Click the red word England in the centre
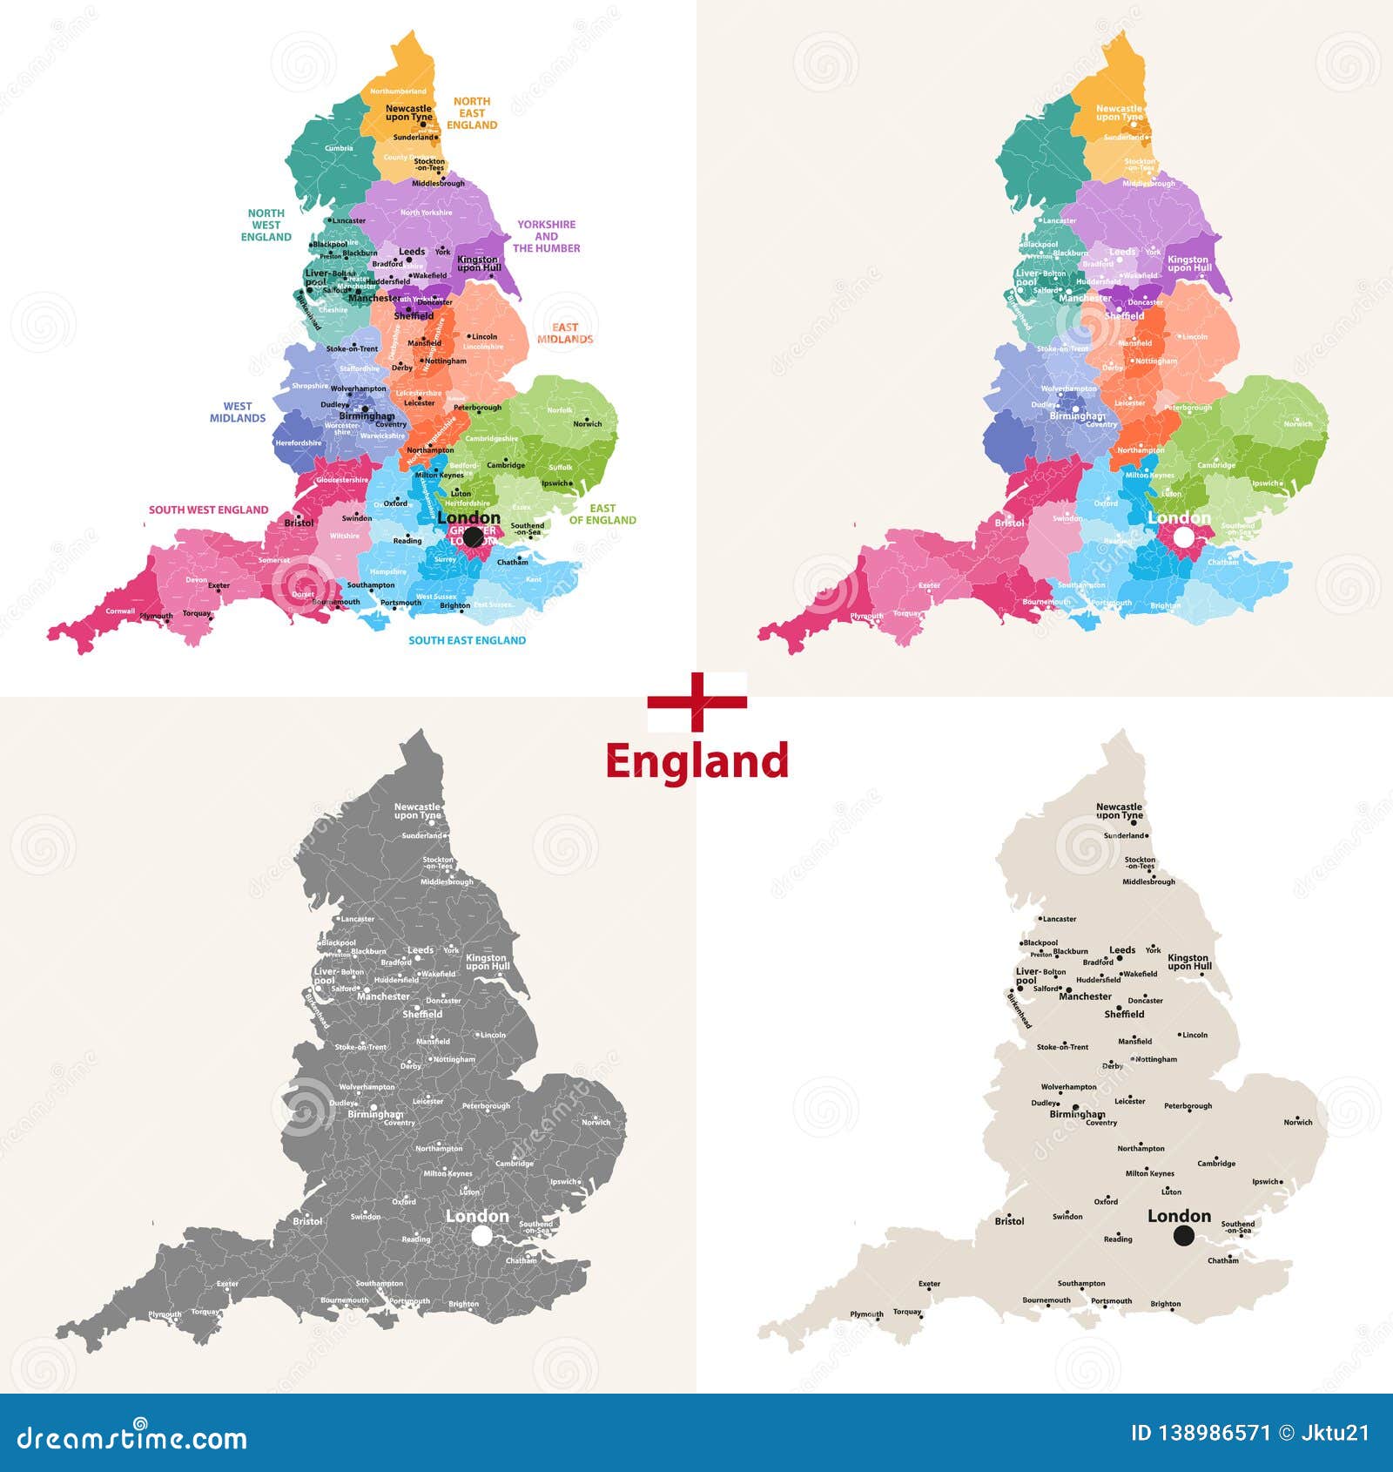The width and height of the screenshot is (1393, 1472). pyautogui.click(x=696, y=761)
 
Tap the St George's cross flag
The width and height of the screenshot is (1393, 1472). pyautogui.click(x=696, y=701)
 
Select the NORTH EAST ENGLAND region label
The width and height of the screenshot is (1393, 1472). pyautogui.click(x=472, y=113)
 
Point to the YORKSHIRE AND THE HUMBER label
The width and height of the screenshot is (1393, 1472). pyautogui.click(x=546, y=236)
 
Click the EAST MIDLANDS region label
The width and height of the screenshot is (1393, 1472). pyautogui.click(x=565, y=334)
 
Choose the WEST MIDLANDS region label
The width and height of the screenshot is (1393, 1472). pyautogui.click(x=238, y=412)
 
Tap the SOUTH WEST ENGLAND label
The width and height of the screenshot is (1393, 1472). pyautogui.click(x=208, y=510)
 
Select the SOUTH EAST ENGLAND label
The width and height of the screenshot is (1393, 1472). pyautogui.click(x=467, y=640)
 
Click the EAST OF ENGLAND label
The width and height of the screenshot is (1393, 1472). pyautogui.click(x=602, y=514)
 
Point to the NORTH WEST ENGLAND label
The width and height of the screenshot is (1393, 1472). pyautogui.click(x=266, y=225)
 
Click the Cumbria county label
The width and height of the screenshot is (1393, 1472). pyautogui.click(x=339, y=148)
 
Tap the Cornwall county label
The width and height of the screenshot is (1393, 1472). pyautogui.click(x=120, y=611)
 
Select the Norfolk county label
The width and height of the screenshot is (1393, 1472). pyautogui.click(x=560, y=410)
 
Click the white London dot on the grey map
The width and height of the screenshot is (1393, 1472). pyautogui.click(x=481, y=1235)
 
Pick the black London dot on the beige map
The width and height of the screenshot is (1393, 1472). pyautogui.click(x=1183, y=1235)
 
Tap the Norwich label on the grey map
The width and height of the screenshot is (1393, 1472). pyautogui.click(x=596, y=1123)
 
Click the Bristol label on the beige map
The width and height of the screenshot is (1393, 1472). pyautogui.click(x=1009, y=1221)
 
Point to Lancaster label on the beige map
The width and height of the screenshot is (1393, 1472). pyautogui.click(x=1059, y=919)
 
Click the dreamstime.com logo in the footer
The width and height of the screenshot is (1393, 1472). pyautogui.click(x=132, y=1438)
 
